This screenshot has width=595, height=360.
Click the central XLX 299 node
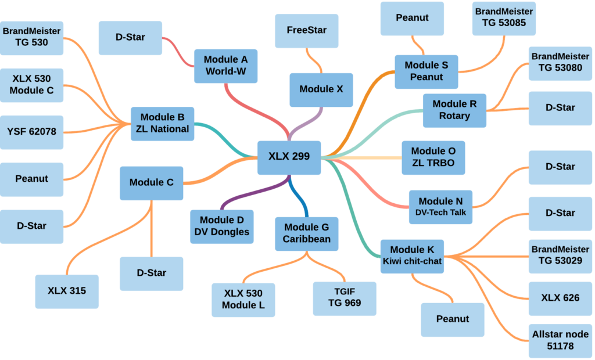289,157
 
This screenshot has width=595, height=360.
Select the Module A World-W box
225,66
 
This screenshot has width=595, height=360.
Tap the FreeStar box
307,30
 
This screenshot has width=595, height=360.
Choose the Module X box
321,89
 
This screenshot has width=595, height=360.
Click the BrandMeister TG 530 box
32,37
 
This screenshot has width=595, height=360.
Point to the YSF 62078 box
32,132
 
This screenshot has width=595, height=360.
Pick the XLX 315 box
67,291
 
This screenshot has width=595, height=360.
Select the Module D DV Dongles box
222,226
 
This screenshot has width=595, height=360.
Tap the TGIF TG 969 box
345,297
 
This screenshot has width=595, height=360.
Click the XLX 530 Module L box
243,300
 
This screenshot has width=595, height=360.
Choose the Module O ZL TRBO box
433,157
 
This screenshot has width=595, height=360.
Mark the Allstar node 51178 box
560,340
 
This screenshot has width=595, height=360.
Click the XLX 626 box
560,298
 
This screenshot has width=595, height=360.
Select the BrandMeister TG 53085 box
504,18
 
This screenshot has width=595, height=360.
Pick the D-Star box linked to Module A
130,38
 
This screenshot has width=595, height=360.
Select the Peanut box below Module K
453,319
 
